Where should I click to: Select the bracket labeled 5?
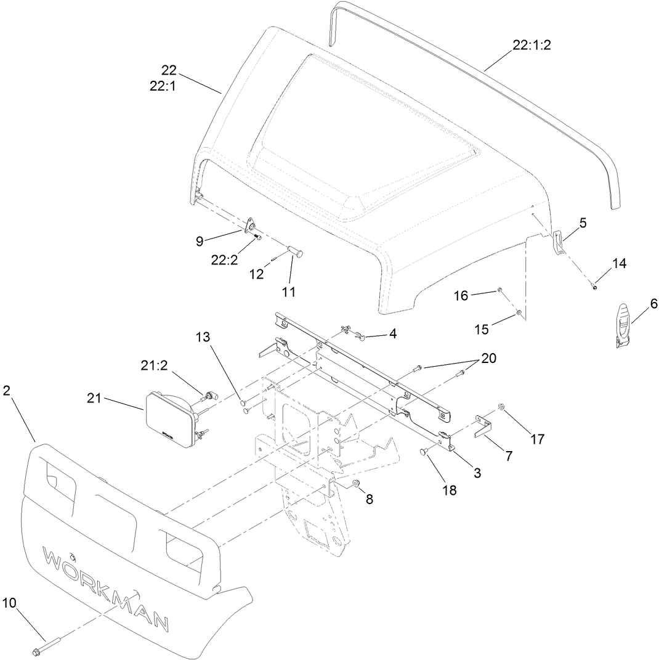558,242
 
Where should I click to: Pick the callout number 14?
618,264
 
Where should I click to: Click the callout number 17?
537,439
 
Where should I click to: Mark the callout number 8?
370,499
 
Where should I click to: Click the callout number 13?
203,337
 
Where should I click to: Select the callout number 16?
461,296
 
